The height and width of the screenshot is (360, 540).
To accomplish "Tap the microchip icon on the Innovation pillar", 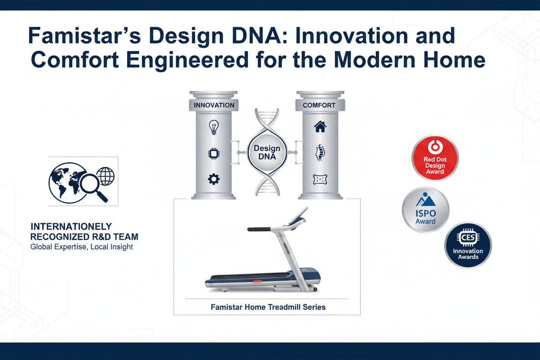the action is (x=214, y=154).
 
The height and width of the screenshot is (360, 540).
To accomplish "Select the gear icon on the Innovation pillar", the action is (x=214, y=179).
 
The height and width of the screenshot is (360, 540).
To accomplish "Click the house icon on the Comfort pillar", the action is (x=320, y=127).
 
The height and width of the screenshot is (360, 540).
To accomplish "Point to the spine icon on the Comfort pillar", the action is (x=320, y=153).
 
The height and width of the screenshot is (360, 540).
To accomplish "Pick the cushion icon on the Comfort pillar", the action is (x=320, y=179).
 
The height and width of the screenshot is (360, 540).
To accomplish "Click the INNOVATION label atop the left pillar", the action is (x=214, y=105).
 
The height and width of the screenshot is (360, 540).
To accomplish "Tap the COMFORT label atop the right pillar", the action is (x=320, y=105).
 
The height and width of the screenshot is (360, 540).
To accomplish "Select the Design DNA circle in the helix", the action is (x=267, y=152).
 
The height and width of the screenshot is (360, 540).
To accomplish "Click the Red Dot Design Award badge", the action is (x=434, y=158).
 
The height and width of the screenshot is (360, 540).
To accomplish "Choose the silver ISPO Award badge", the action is (x=425, y=209).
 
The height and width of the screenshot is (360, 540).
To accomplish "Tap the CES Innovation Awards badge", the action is (x=468, y=245).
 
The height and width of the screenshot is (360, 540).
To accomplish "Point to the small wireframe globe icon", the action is (x=106, y=175).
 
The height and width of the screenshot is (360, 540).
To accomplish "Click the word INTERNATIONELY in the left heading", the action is (x=71, y=227).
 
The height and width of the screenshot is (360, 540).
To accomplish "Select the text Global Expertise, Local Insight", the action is (x=81, y=247).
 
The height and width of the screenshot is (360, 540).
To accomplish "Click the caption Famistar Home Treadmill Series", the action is (x=268, y=307).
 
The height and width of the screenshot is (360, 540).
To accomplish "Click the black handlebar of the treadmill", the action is (x=259, y=229).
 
